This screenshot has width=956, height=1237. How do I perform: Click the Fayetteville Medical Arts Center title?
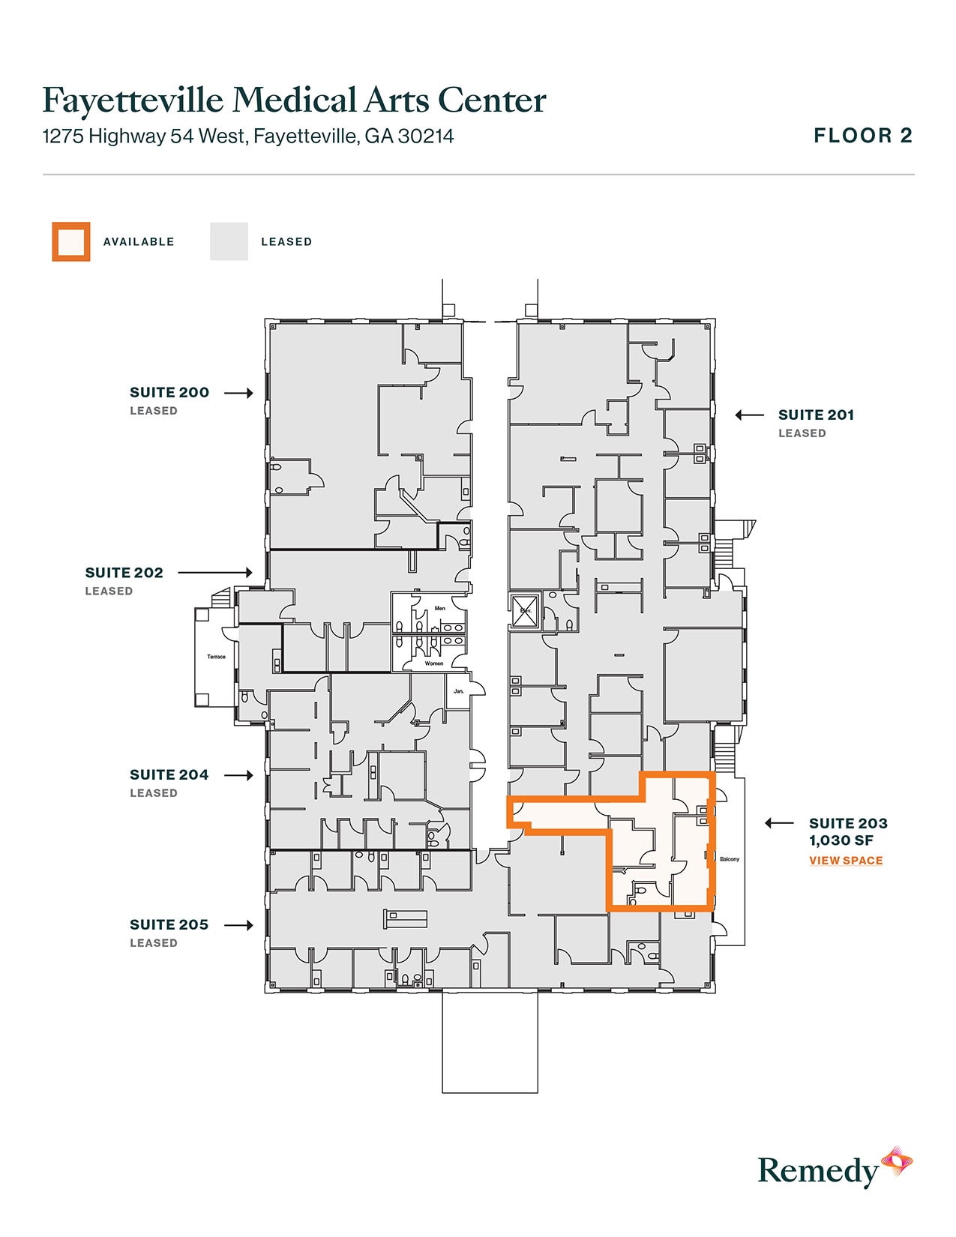[x=294, y=100]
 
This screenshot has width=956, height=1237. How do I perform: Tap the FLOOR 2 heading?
[x=863, y=136]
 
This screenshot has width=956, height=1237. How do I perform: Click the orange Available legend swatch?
[x=71, y=241]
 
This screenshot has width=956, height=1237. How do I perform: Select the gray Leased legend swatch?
[x=229, y=241]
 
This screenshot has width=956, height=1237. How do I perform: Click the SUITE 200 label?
[x=169, y=392]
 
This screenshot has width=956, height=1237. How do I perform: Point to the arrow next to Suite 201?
[x=749, y=415]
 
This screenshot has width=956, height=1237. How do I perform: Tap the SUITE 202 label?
[x=124, y=573]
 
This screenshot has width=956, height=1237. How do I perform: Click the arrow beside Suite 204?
[x=238, y=775]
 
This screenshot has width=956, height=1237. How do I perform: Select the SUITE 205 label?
[x=169, y=924]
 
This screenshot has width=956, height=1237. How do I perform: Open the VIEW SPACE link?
[x=846, y=861]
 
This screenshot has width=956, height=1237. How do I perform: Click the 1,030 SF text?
[x=841, y=840]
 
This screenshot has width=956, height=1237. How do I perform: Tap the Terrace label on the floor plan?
[x=216, y=657]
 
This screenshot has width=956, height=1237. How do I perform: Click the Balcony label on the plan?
[x=730, y=859]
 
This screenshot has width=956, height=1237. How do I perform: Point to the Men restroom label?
[x=440, y=608]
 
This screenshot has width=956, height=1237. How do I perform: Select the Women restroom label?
[x=434, y=663]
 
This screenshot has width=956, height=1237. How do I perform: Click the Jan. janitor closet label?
[x=459, y=690]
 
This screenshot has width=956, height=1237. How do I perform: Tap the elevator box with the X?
[x=523, y=610]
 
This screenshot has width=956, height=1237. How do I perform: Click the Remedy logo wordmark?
[x=818, y=1170]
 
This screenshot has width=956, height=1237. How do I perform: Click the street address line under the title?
[x=248, y=136]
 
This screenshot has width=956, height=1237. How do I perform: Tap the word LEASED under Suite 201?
[x=802, y=433]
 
